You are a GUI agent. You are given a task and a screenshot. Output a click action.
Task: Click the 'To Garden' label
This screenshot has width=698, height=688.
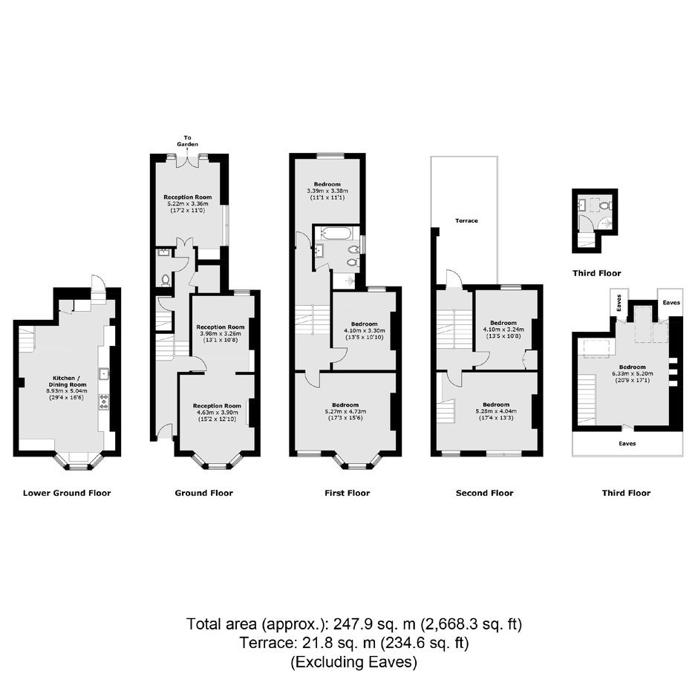coord(187,141)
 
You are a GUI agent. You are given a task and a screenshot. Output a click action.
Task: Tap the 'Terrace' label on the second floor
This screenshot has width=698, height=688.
coord(466,220)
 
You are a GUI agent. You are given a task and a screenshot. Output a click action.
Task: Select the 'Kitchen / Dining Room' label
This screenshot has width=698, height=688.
coord(68,381)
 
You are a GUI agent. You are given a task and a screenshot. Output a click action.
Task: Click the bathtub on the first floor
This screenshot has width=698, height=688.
coord(336,233)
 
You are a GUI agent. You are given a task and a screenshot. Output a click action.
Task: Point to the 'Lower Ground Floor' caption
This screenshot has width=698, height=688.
coord(67,493)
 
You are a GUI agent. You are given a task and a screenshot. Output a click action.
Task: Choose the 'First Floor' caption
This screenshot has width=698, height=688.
coord(348,493)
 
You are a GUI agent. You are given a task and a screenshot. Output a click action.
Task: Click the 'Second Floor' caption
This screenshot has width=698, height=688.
coord(485,493)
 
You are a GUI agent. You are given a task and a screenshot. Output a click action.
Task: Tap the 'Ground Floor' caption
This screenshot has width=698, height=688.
coord(204,493)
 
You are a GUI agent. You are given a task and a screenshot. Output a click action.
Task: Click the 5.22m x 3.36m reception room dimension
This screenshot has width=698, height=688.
coord(188,204)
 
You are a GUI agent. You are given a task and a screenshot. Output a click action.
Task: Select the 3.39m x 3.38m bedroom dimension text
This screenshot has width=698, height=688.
coord(327,191)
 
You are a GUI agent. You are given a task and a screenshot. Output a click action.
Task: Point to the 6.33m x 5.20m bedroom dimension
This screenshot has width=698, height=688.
coord(632,374)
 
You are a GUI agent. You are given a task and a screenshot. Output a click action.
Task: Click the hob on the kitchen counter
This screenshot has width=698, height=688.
coord(104,402)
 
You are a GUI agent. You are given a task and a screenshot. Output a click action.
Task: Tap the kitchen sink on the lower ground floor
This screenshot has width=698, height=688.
coord(104,373)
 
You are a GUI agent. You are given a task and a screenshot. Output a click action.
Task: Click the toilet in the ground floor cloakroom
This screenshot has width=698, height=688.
coord(166,280)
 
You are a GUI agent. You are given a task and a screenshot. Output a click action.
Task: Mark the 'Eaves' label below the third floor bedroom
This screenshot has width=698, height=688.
coord(627,444)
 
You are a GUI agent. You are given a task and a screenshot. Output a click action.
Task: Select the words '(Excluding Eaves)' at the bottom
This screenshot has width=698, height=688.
coord(354,662)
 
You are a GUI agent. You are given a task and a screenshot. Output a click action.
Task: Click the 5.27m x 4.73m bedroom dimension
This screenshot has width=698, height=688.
coord(345,412)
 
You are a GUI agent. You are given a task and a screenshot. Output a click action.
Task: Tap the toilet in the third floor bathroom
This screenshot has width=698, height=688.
coord(605,206)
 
